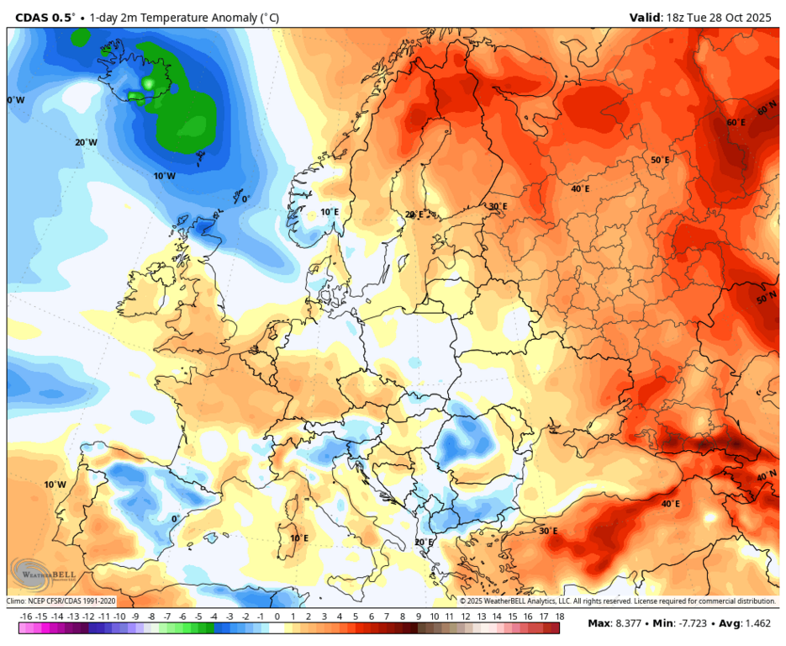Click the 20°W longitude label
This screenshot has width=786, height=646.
[x=87, y=142]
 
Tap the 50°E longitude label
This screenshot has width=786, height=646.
[x=660, y=160]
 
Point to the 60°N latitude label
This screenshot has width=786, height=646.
[x=766, y=110]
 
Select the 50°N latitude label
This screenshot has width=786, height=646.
[x=766, y=299]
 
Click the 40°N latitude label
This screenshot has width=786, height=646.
[x=766, y=476]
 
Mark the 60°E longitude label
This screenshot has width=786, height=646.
[x=736, y=123]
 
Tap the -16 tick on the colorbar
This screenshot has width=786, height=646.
[x=25, y=617]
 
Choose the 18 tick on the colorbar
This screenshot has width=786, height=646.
[x=558, y=617]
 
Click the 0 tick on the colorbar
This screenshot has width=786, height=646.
[x=277, y=617]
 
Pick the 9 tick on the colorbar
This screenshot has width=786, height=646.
[x=417, y=617]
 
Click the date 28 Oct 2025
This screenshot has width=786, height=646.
[x=741, y=17]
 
